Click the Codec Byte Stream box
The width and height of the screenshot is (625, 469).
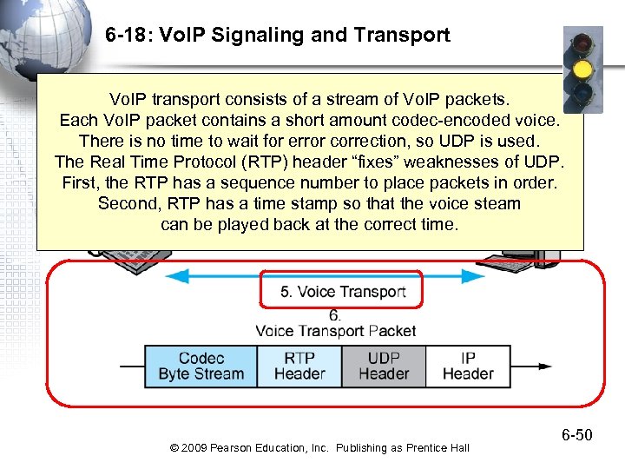[x=201, y=366]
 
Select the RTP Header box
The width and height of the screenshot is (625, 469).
[x=299, y=366]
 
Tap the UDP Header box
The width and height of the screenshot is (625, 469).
[x=383, y=366]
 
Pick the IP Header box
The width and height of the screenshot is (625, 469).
[x=468, y=366]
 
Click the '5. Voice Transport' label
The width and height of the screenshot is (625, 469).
[x=342, y=291]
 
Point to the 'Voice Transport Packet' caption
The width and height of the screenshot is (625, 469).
[x=335, y=331]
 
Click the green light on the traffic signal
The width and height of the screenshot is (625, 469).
[x=582, y=94]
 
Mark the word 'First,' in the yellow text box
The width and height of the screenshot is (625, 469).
[x=82, y=182]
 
